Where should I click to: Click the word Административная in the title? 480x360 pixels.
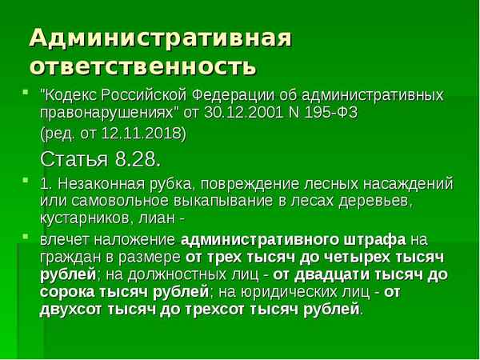click(x=159, y=38)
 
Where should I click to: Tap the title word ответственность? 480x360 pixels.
click(x=143, y=64)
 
